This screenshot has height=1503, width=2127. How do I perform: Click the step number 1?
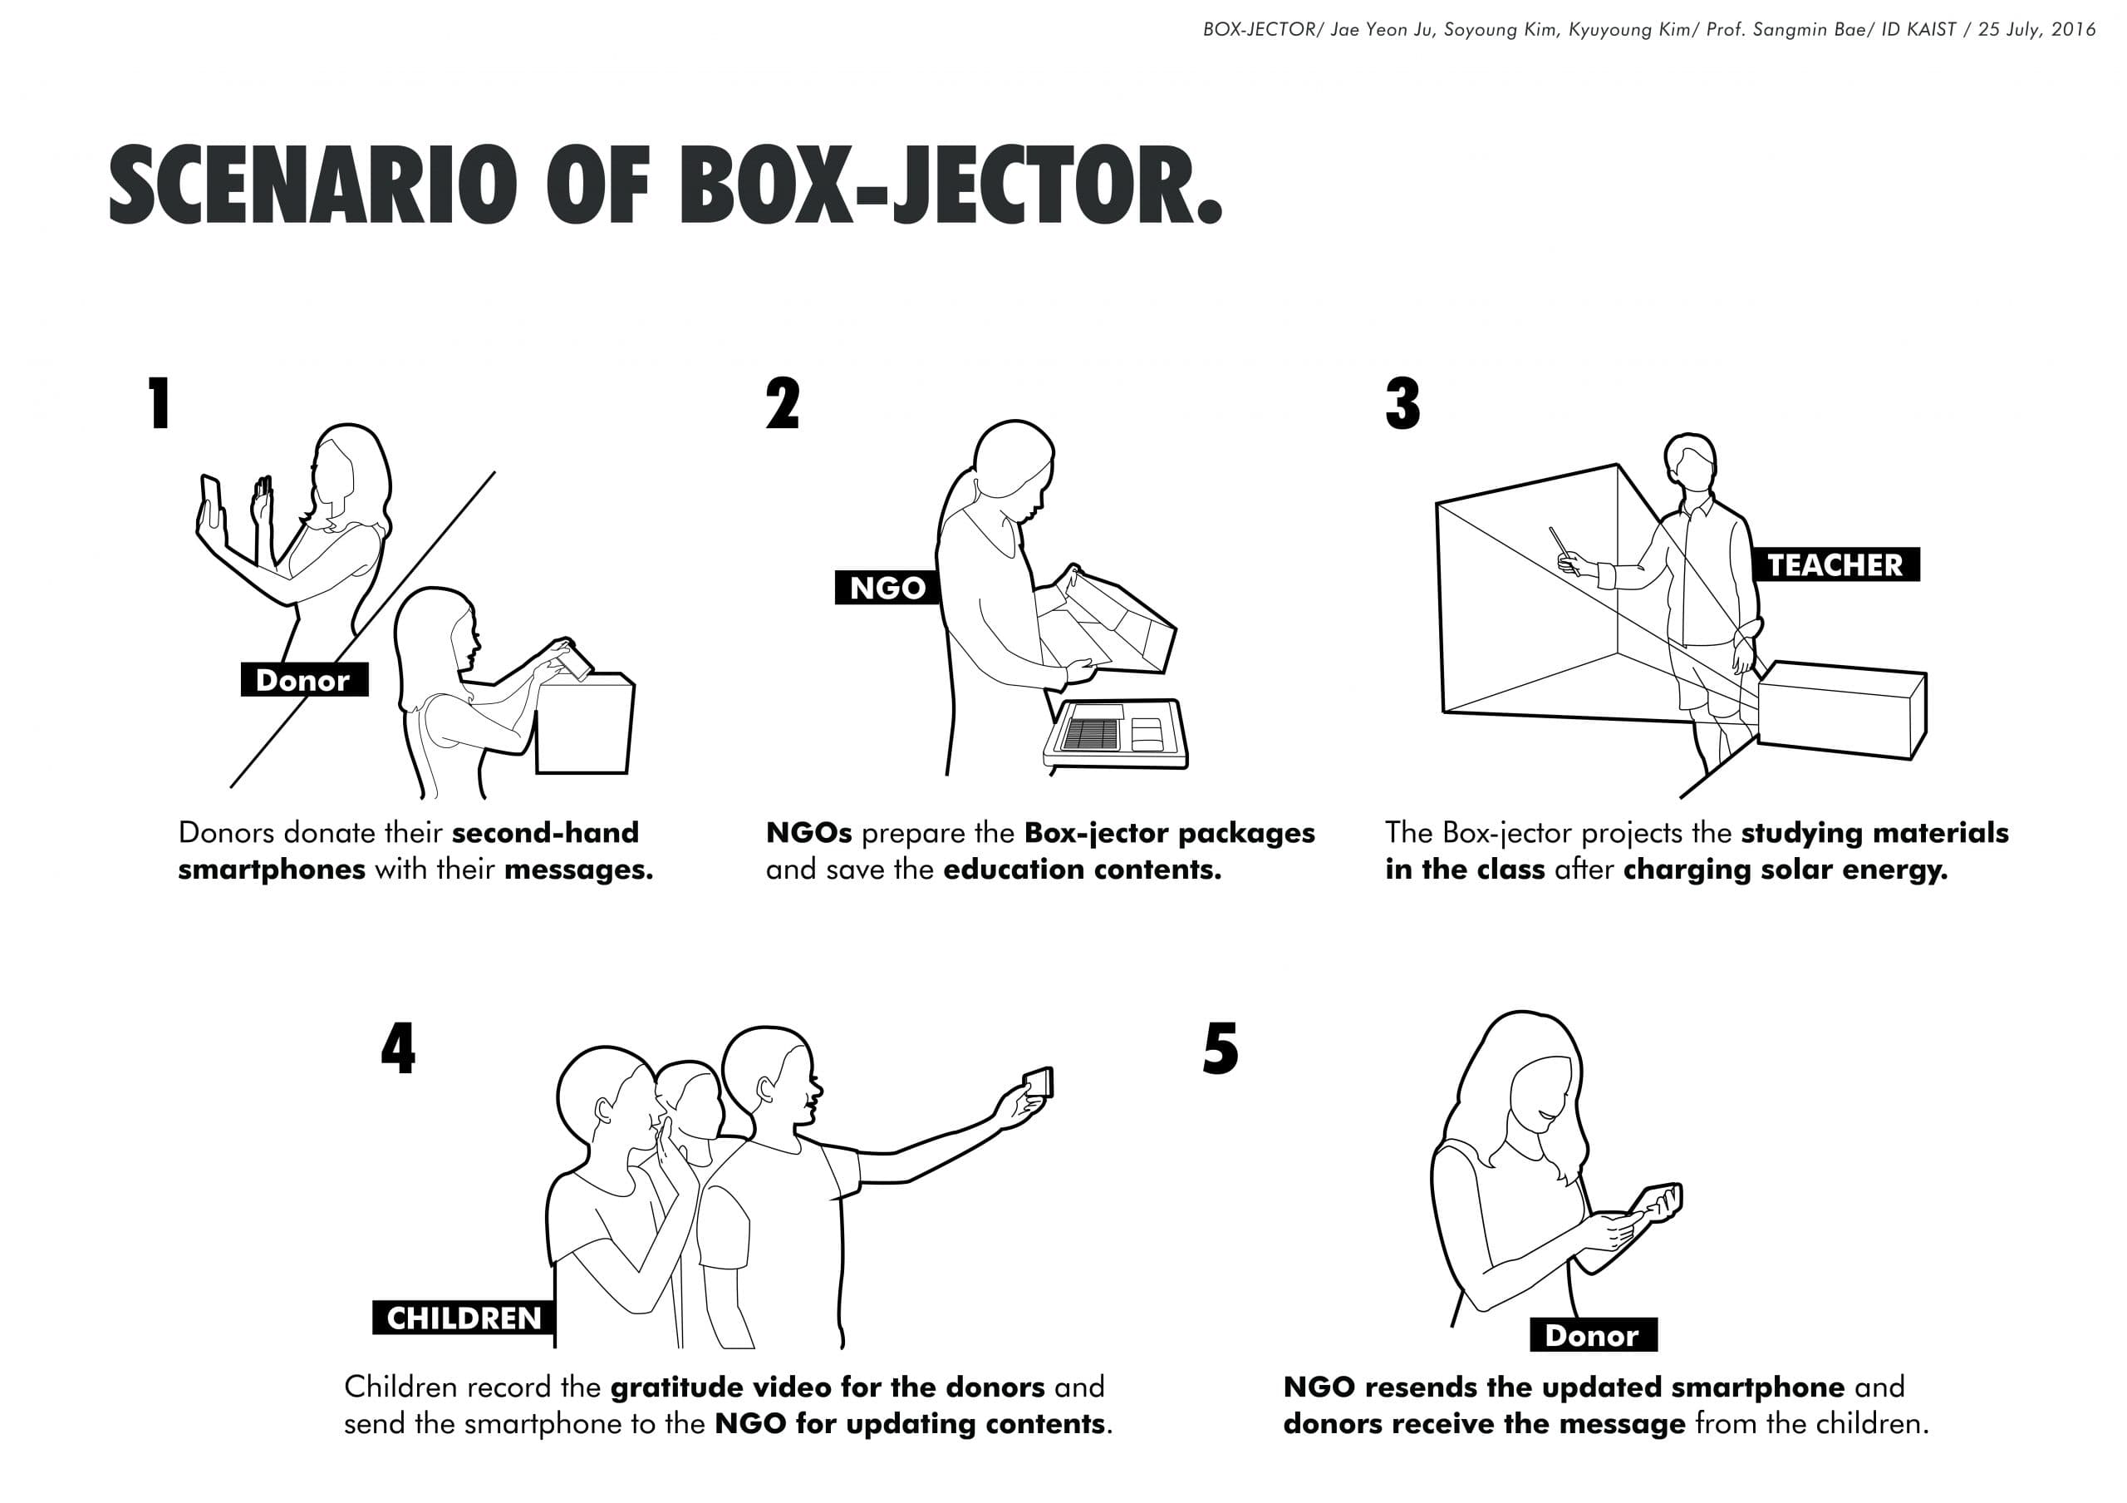coord(160,403)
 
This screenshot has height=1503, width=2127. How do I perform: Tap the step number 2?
coord(783,403)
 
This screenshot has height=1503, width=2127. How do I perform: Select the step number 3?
coord(1402,403)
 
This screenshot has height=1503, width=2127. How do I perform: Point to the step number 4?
coord(398,1048)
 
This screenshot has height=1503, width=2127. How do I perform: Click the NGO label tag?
coord(887,588)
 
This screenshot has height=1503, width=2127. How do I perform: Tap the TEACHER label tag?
coord(1835,564)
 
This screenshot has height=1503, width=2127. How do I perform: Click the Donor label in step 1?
coord(304,680)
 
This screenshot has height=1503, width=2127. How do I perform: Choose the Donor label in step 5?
coord(1593,1335)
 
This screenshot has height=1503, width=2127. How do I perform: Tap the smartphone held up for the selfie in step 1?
coord(212,501)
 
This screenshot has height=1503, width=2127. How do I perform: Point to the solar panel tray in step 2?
coord(1115,734)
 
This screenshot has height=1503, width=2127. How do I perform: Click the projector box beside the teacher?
coord(1842,710)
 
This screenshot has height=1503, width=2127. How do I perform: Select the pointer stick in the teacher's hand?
coord(1563,549)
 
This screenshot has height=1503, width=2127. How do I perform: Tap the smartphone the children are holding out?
coord(1038,1082)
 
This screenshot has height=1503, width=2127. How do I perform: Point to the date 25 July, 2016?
coord(2037,30)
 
